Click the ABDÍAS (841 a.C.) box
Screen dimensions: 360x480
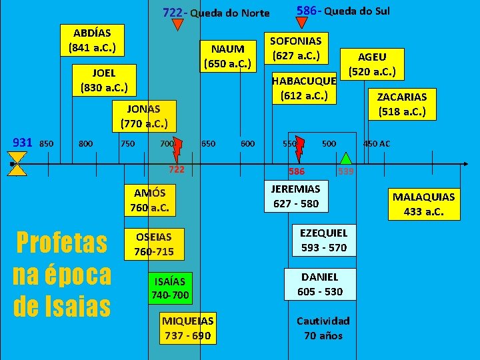tap(92, 41)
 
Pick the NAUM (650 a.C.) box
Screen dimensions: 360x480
tap(228, 56)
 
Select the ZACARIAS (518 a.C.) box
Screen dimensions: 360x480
tap(402, 103)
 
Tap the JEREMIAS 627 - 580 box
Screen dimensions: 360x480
tap(296, 196)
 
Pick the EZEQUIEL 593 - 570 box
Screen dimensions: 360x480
tap(323, 241)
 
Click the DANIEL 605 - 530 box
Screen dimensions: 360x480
tap(320, 284)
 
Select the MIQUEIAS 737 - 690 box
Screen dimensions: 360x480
tap(188, 328)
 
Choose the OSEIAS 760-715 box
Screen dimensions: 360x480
tap(153, 244)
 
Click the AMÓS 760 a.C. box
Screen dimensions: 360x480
tap(149, 200)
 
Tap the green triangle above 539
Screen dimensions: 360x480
tap(346, 158)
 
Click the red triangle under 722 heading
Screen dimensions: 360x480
tap(177, 25)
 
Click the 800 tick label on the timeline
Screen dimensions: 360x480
tap(86, 143)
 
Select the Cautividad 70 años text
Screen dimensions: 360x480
tap(323, 328)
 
